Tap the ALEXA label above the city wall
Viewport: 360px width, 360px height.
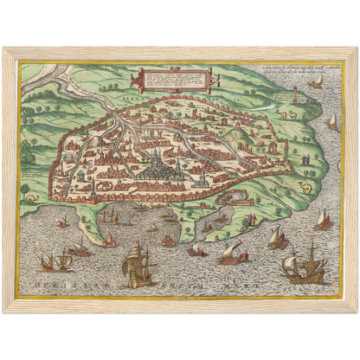click(x=136, y=100)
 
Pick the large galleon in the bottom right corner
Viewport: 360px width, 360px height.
click(x=305, y=265)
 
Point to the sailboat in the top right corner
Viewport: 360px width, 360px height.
click(x=317, y=82)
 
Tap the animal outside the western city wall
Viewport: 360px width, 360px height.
click(x=32, y=198)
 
